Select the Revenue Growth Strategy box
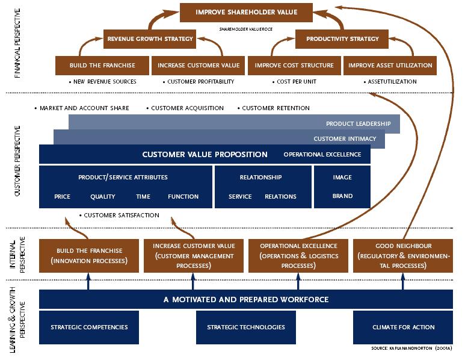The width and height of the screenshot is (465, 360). (x=150, y=39)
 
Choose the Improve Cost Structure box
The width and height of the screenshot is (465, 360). (x=294, y=65)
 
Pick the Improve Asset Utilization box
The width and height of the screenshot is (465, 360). (x=390, y=65)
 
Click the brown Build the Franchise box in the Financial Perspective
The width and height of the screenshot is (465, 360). (x=102, y=65)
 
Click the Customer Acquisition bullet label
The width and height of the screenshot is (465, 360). (x=187, y=108)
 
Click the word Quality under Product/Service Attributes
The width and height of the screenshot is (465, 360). (x=102, y=196)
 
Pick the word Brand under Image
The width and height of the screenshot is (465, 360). (x=342, y=196)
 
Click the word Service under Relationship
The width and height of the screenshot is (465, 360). (x=239, y=196)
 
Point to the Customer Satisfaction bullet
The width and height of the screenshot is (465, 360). (x=121, y=215)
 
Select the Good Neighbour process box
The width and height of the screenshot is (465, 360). (x=403, y=255)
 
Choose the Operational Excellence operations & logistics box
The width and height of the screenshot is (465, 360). (x=298, y=255)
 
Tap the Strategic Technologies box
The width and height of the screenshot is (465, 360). (x=246, y=327)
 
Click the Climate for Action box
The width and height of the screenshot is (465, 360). (x=402, y=327)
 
